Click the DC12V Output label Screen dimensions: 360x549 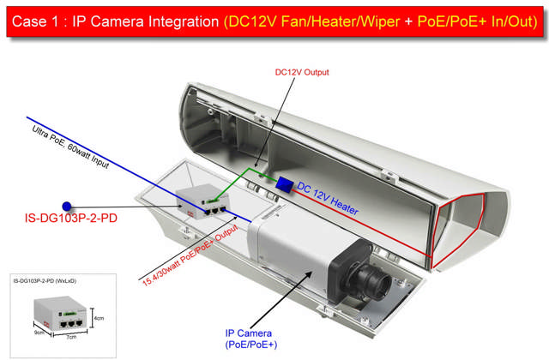(x=301, y=73)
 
